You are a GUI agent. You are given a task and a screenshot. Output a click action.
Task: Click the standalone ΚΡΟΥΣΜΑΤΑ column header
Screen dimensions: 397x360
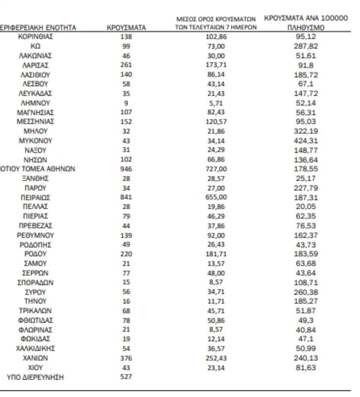point(126,28)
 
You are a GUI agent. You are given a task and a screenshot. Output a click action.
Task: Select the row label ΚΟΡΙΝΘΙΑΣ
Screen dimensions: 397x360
point(35,37)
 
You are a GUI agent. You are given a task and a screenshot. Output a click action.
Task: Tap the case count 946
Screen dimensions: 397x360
point(126,169)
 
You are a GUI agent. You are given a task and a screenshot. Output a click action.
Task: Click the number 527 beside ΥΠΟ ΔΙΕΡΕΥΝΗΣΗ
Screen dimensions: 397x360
point(126,377)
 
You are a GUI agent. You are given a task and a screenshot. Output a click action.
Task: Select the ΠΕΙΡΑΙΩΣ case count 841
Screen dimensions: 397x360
point(126,197)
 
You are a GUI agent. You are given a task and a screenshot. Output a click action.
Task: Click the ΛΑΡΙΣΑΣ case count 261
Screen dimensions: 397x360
point(126,65)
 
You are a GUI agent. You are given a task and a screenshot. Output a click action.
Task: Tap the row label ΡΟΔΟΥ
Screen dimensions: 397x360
point(35,254)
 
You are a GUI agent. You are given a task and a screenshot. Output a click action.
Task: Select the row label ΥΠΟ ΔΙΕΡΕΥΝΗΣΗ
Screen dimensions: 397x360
point(35,377)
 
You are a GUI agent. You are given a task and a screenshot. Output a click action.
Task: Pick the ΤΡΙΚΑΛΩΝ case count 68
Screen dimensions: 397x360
point(126,311)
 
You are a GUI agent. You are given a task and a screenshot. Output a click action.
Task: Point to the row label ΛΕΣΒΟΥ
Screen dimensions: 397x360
point(35,84)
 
